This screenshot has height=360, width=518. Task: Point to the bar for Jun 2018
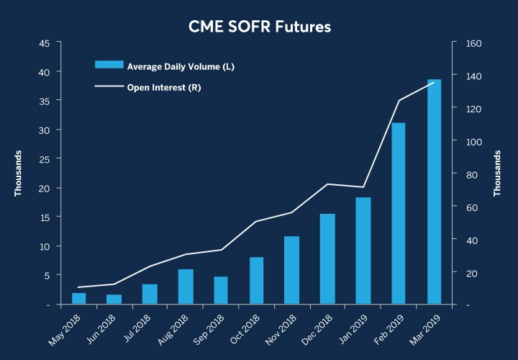[114, 299]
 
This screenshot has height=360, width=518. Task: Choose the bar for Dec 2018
[327, 258]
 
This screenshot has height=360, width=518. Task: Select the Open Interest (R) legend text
[163, 88]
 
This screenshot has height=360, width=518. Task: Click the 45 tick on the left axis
[45, 43]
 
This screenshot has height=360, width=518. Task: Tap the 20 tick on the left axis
[45, 188]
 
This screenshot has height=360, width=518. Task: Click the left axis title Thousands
[19, 174]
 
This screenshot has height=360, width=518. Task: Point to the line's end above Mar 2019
[434, 82]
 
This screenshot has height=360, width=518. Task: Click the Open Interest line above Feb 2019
[399, 100]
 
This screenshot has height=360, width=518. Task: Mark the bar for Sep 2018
[221, 290]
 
